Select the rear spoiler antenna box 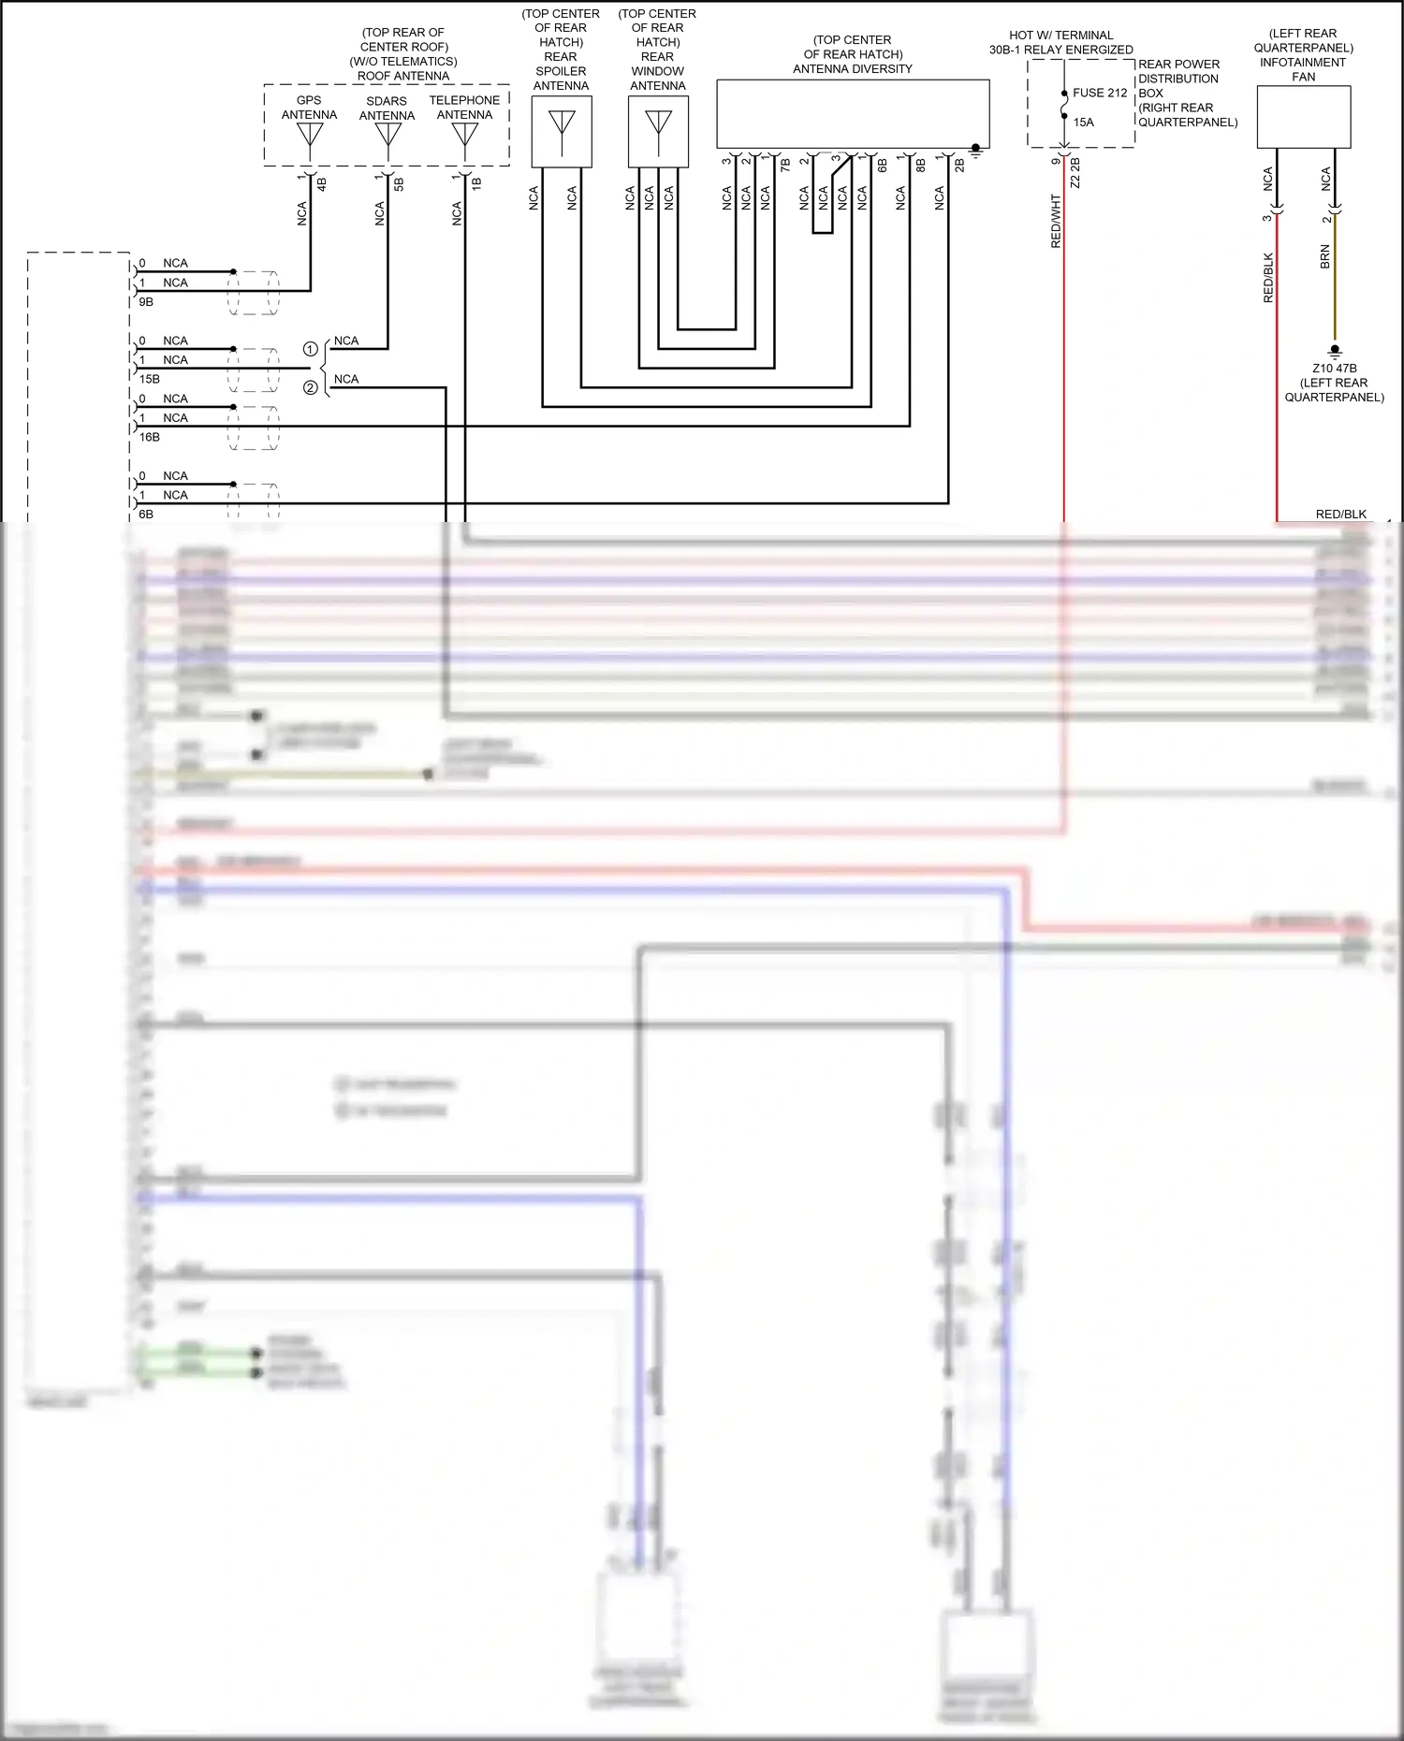click(562, 132)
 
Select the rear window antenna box click(658, 132)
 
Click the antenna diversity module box click(853, 113)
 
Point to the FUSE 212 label click(1100, 93)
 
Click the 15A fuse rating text click(1084, 123)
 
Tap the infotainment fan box click(1303, 117)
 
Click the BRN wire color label click(1324, 257)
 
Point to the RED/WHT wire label click(1056, 221)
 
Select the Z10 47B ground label click(1334, 369)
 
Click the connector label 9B click(146, 302)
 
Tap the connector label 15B click(149, 379)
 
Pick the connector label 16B click(149, 437)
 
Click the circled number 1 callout click(311, 349)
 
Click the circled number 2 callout click(311, 387)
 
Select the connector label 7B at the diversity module click(785, 165)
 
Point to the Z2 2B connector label click(1075, 173)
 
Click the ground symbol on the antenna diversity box click(976, 151)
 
